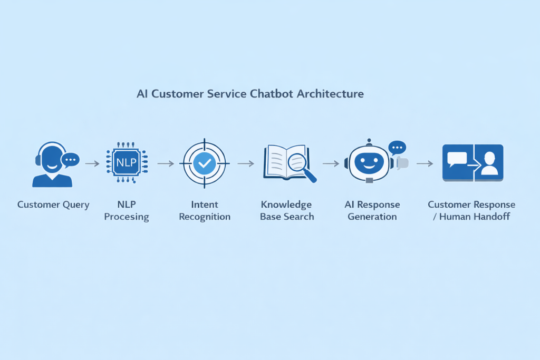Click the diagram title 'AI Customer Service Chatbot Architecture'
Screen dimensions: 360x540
pyautogui.click(x=250, y=94)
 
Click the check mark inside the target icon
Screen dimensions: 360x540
pyautogui.click(x=204, y=163)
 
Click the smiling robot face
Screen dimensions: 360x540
pyautogui.click(x=369, y=163)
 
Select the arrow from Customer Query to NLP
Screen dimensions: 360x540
pyautogui.click(x=92, y=163)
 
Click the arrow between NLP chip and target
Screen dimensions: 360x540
pyautogui.click(x=166, y=163)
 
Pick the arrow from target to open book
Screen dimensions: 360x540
pyautogui.click(x=245, y=163)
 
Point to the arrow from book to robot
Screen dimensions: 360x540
pyautogui.click(x=331, y=163)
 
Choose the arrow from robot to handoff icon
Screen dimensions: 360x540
pyautogui.click(x=425, y=163)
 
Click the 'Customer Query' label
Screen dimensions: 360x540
pyautogui.click(x=53, y=205)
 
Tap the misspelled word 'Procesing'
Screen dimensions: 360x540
pyautogui.click(x=127, y=217)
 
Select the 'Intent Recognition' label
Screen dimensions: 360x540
pyautogui.click(x=205, y=210)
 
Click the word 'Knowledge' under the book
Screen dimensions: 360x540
pyautogui.click(x=286, y=205)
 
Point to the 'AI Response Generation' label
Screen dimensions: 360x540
pyautogui.click(x=372, y=210)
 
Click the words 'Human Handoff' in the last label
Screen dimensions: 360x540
pyautogui.click(x=475, y=217)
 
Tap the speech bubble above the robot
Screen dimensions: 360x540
pyautogui.click(x=397, y=147)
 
